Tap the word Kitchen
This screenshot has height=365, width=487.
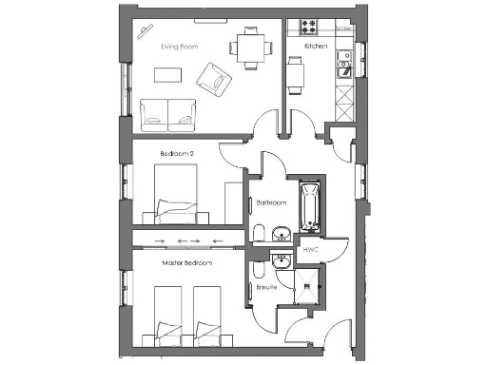[x=316, y=46]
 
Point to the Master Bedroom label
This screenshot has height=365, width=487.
[x=186, y=262]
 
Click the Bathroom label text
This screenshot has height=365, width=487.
[x=271, y=202]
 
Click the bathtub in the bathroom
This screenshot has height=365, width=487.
[x=308, y=207]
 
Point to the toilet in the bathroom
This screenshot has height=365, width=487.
[x=259, y=234]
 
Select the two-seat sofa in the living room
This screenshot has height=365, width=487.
[x=169, y=114]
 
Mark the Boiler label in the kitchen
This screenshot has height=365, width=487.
[x=345, y=29]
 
